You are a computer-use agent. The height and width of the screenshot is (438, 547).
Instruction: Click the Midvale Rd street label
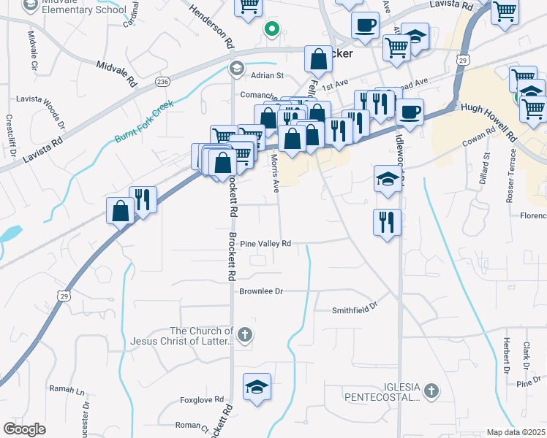[117, 74]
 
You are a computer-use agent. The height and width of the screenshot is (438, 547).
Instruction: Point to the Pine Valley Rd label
[265, 244]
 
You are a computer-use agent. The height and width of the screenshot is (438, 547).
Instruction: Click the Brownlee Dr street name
[261, 291]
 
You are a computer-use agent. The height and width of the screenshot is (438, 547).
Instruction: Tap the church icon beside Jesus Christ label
[245, 336]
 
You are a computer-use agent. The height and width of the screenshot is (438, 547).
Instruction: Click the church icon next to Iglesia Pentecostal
[431, 392]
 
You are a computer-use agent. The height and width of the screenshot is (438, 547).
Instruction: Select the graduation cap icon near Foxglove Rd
[257, 387]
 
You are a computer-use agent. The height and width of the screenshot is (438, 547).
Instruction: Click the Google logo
[24, 429]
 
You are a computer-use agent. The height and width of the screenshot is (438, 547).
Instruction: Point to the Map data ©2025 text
[515, 432]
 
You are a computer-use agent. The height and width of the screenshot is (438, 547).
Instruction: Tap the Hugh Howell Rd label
[488, 117]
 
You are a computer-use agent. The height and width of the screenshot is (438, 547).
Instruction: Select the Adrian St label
[267, 75]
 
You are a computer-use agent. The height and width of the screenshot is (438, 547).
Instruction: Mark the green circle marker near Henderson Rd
[271, 30]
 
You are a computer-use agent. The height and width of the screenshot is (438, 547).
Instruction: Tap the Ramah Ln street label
[67, 389]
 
